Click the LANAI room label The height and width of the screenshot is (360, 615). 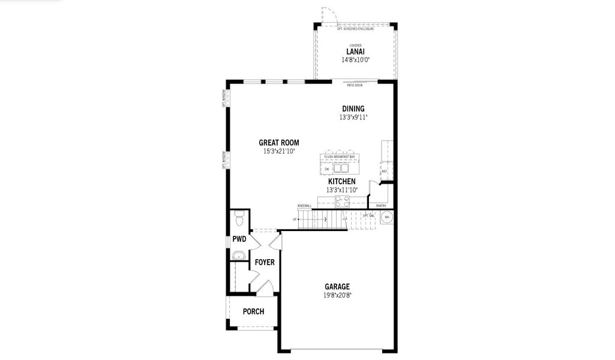[355, 52]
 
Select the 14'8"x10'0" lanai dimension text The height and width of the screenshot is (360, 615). [355, 60]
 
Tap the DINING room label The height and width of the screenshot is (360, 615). [353, 109]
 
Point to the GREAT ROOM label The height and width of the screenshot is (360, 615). [279, 143]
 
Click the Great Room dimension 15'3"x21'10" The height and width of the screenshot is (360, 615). [279, 151]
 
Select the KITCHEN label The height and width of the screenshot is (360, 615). [341, 181]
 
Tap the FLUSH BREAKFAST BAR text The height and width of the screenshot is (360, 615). [340, 157]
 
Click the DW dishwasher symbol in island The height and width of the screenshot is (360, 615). [327, 169]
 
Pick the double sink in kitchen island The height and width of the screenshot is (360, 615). [341, 169]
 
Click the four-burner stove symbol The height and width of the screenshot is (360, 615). [342, 202]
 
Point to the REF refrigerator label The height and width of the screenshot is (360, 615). [384, 171]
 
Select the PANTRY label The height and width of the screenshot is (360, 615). [381, 206]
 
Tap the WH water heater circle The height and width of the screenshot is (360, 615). [387, 217]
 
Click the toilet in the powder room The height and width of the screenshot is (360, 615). [239, 220]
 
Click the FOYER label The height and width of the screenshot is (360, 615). [265, 262]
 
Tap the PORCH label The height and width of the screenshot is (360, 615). [253, 311]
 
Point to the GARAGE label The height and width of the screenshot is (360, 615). [337, 287]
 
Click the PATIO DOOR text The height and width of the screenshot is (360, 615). [355, 85]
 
